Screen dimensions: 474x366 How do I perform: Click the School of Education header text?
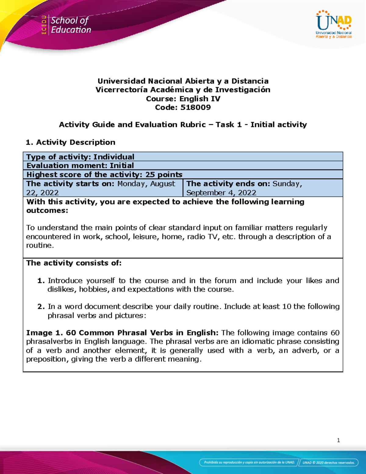pos(70,25)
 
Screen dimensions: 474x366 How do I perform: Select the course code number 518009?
pos(196,107)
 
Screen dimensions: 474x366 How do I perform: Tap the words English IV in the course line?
pos(200,99)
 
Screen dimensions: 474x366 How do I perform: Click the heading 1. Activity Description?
pos(70,142)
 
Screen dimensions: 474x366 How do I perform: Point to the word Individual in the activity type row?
pos(114,157)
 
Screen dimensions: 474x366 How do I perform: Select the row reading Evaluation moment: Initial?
pos(80,165)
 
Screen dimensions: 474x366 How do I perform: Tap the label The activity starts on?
pos(70,184)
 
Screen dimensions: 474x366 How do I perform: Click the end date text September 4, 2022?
pos(221,193)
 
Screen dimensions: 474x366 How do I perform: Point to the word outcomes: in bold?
pos(47,211)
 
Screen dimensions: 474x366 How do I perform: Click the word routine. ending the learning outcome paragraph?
pos(40,245)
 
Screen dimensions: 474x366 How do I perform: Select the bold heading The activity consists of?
pos(74,263)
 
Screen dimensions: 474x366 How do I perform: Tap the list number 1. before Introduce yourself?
pos(41,281)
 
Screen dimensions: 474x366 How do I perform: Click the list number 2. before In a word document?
pos(41,307)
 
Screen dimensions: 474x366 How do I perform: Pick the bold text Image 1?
pos(44,333)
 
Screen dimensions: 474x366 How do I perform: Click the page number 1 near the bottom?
pos(338,440)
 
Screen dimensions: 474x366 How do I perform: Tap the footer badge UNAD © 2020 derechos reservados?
pos(328,462)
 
